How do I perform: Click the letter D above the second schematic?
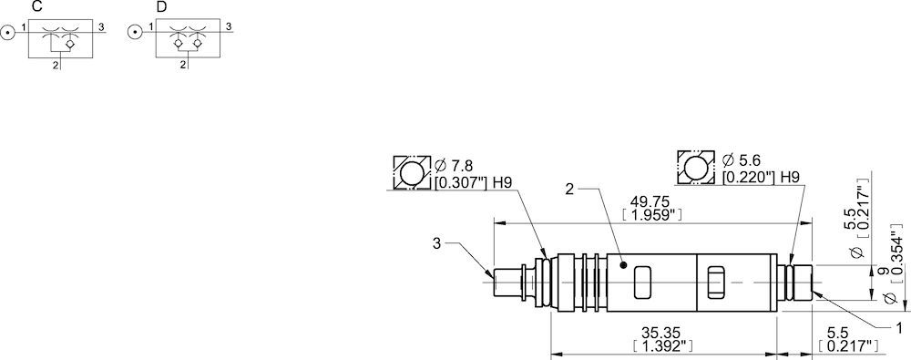161,6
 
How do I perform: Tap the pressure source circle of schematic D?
135,31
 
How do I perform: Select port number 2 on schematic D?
182,65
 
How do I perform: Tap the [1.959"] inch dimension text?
650,215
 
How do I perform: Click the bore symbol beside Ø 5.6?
696,167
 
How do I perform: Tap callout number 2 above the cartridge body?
569,190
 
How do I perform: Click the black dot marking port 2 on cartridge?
623,266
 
